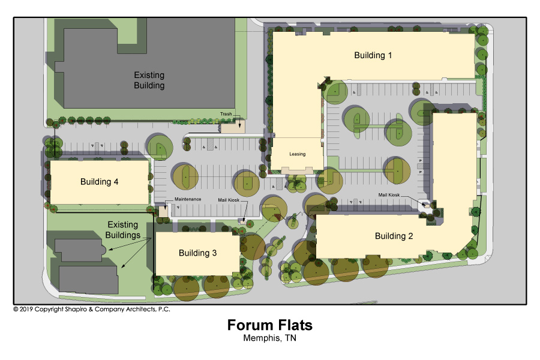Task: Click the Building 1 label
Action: coord(373,55)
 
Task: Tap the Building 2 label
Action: coord(394,236)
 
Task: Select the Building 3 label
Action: coord(197,253)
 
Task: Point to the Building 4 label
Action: coord(99,182)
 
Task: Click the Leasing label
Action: coord(297,154)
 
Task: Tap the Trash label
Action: coord(226,113)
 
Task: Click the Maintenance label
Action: coord(188,199)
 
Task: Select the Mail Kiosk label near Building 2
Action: coord(389,194)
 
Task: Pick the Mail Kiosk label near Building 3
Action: coord(229,200)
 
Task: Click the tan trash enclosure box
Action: coord(233,127)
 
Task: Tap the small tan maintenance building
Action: coord(163,211)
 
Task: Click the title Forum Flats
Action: coord(269,325)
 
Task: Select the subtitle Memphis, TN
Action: coord(269,338)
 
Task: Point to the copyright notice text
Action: coord(92,309)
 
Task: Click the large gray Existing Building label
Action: coord(149,80)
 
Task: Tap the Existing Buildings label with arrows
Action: coord(123,230)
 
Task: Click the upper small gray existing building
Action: coord(80,250)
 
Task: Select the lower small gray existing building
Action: coord(89,280)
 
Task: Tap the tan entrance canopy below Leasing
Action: coord(298,170)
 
